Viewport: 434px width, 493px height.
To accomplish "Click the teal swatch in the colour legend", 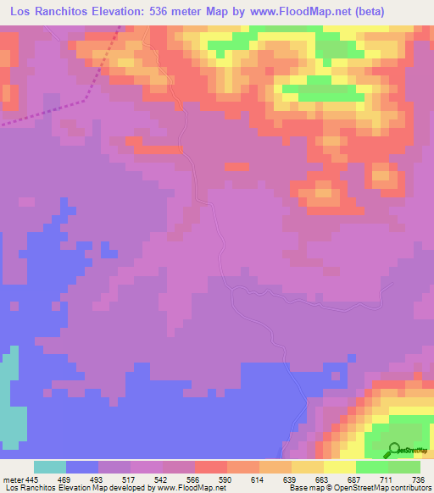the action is tap(50, 467).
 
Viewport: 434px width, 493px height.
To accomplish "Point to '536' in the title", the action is tap(162, 11).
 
